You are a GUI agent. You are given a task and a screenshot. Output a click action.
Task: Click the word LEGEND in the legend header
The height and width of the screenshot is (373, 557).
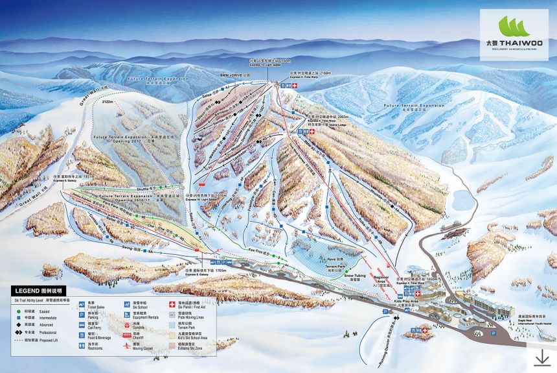26,291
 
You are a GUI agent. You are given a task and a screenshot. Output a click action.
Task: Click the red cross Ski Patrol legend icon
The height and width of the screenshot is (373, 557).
172,304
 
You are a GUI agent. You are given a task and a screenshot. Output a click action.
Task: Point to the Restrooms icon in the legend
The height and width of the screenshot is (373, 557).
81,348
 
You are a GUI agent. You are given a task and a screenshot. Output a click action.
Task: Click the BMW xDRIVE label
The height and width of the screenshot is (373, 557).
234,75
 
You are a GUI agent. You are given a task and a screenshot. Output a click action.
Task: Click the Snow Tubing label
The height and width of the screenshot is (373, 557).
355,275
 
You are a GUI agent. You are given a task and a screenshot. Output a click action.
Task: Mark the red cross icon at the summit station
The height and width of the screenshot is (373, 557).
295,85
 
